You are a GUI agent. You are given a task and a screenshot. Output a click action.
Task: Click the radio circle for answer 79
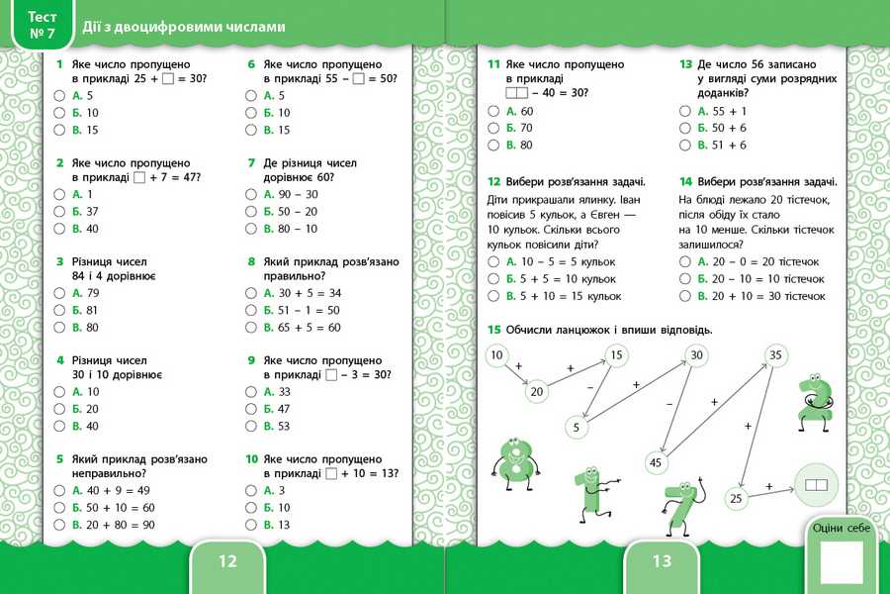click(59, 294)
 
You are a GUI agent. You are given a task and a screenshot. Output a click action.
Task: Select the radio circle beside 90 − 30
click(251, 195)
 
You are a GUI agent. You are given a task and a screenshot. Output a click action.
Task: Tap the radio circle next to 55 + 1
click(684, 112)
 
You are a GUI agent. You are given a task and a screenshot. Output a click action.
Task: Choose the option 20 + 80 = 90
click(59, 525)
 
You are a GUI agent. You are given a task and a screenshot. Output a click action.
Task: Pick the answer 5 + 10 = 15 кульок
click(493, 296)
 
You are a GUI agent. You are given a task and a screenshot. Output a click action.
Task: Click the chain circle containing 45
click(655, 461)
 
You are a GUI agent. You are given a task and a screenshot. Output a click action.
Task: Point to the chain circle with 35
click(775, 355)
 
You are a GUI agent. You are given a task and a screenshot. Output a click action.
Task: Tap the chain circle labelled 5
click(576, 428)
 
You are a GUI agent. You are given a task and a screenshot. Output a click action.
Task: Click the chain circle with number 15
click(616, 355)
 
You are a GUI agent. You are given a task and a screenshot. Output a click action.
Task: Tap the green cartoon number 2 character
click(815, 402)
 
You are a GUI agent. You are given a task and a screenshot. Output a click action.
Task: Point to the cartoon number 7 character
click(682, 505)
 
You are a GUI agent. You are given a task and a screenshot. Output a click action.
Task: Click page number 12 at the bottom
click(227, 561)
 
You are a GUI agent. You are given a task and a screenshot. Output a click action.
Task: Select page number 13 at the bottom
click(662, 561)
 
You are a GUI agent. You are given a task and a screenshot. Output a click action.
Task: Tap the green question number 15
click(493, 330)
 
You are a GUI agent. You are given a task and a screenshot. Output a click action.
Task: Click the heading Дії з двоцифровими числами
click(184, 27)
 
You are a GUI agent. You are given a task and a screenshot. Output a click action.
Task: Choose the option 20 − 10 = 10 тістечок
click(684, 279)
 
